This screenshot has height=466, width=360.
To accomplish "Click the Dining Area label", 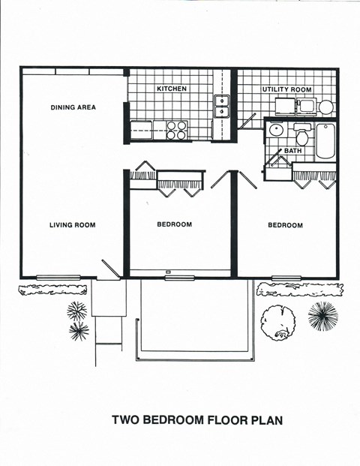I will (x=73, y=107).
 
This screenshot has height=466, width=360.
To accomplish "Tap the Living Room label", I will (x=72, y=224).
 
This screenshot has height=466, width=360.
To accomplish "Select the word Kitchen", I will (x=171, y=89).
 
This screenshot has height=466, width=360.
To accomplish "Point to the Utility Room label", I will (x=286, y=89).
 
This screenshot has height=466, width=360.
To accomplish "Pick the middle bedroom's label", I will (x=174, y=224).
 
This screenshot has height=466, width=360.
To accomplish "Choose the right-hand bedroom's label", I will (x=285, y=225).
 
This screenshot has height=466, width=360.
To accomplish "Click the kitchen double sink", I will (x=222, y=106).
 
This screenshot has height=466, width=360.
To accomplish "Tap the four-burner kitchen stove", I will (x=176, y=131).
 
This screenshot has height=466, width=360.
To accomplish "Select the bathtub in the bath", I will (x=325, y=141).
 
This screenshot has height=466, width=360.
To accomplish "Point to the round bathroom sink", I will (x=275, y=131).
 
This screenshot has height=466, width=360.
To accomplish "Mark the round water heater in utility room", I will (x=325, y=107).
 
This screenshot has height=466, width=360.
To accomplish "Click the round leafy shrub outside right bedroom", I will (x=277, y=322).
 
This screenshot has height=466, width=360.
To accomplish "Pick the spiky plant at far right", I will (x=322, y=316).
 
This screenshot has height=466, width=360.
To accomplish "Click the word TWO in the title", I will (x=126, y=420).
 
